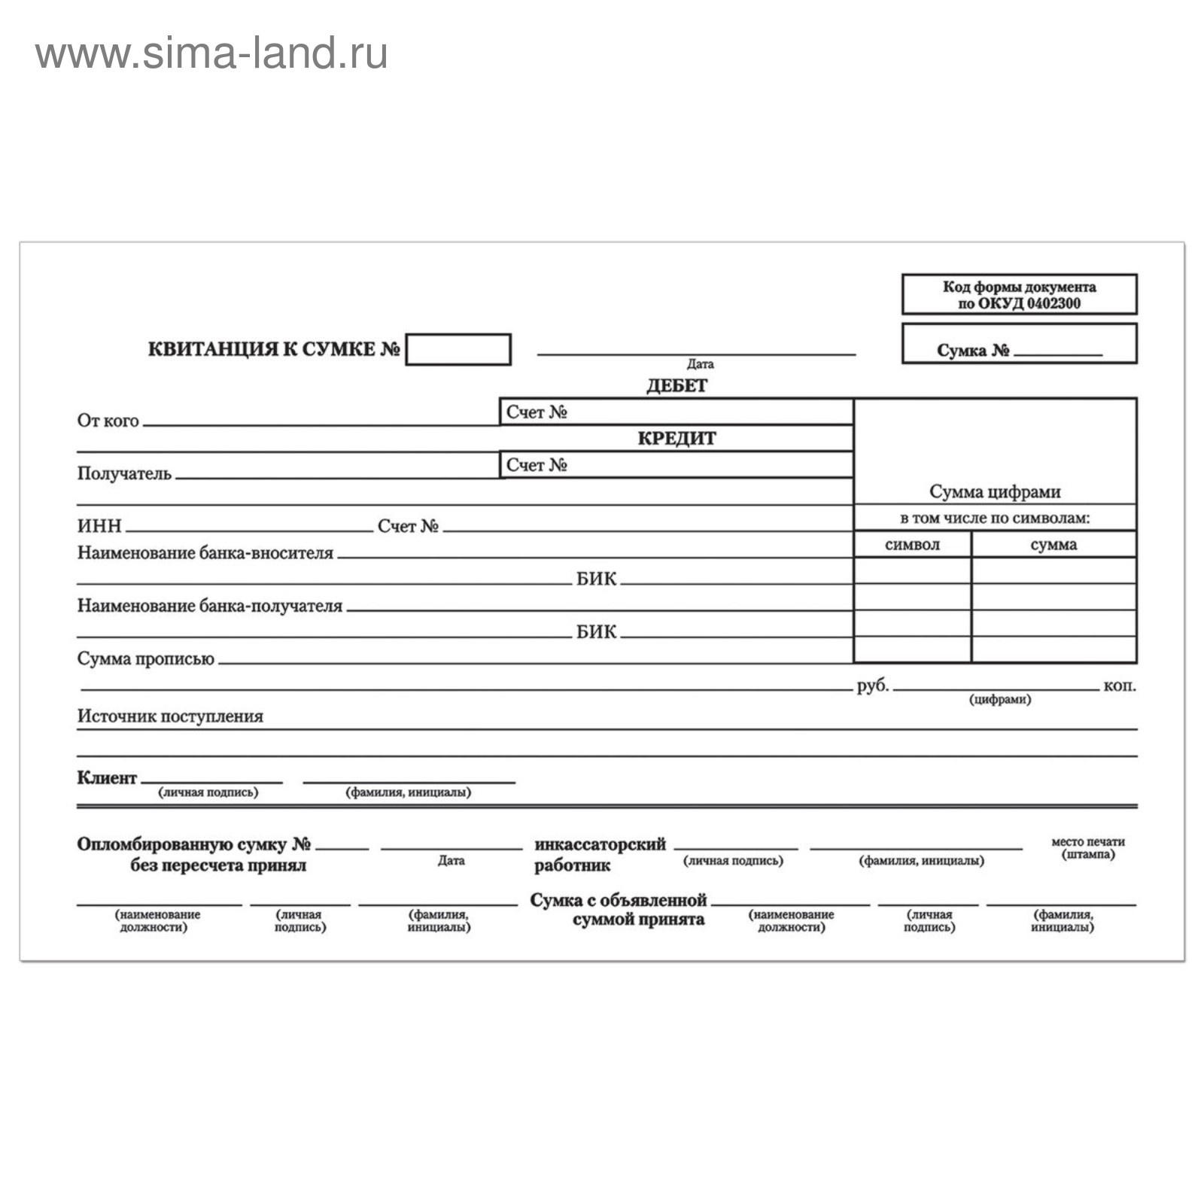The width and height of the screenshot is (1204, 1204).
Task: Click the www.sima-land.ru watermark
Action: click(211, 54)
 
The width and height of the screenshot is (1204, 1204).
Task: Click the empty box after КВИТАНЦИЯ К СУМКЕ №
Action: click(458, 350)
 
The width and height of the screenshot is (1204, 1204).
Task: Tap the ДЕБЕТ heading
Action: click(676, 386)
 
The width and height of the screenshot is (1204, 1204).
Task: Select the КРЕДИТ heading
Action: click(676, 439)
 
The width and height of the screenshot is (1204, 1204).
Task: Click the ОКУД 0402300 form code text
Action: click(1019, 303)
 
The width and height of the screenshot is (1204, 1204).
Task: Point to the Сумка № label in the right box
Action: click(972, 351)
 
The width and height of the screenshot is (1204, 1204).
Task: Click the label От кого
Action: click(108, 421)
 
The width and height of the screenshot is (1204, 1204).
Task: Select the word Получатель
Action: click(124, 474)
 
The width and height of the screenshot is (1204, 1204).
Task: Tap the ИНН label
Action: click(99, 526)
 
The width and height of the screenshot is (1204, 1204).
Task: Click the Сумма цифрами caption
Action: click(995, 492)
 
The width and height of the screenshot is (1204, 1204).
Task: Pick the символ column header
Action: click(912, 545)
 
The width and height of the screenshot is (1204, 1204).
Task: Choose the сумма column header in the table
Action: click(1053, 545)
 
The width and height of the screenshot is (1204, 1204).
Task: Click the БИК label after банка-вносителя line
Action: click(596, 579)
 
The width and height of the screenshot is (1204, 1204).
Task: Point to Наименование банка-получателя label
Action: click(209, 606)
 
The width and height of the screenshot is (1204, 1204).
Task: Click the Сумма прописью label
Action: click(145, 659)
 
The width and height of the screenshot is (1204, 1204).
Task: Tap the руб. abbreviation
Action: click(872, 686)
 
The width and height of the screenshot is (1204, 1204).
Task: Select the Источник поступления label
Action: click(170, 716)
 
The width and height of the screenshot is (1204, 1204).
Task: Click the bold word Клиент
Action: click(106, 778)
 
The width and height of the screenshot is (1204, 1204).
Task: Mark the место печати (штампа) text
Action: click(1087, 848)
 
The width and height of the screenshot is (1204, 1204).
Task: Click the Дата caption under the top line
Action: click(700, 364)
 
